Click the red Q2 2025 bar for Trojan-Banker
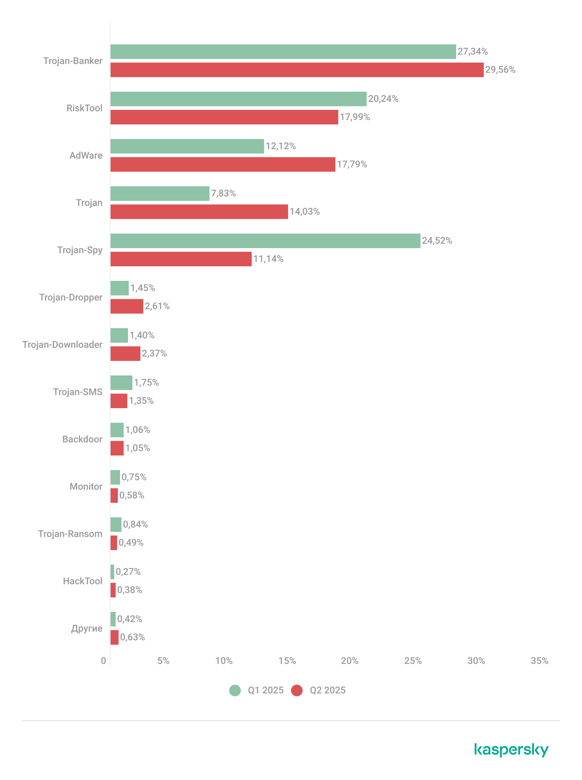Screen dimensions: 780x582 click(x=297, y=70)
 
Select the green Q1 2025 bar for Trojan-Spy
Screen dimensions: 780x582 click(x=265, y=241)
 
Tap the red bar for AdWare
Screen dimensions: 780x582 click(x=223, y=164)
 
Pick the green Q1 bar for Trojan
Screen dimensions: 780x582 click(x=160, y=194)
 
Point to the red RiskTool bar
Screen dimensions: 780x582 click(x=224, y=117)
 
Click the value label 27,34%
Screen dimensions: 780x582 click(x=473, y=52)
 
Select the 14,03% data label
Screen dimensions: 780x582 click(x=304, y=212)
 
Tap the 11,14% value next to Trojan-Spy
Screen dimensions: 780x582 click(x=268, y=259)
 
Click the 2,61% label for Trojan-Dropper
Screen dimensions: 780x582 click(x=157, y=306)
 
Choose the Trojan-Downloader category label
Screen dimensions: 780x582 click(x=62, y=345)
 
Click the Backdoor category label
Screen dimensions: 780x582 click(x=82, y=439)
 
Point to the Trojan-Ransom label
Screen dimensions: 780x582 click(x=70, y=534)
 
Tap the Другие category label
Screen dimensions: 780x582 click(x=87, y=628)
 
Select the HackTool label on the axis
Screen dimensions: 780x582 click(x=83, y=581)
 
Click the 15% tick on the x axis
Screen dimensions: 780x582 click(x=287, y=661)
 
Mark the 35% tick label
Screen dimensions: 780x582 click(x=539, y=661)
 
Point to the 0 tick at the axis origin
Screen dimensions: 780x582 click(x=104, y=661)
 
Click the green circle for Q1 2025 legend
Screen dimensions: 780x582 click(x=235, y=691)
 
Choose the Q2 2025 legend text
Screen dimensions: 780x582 click(x=327, y=691)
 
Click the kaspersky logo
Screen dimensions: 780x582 click(x=511, y=750)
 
